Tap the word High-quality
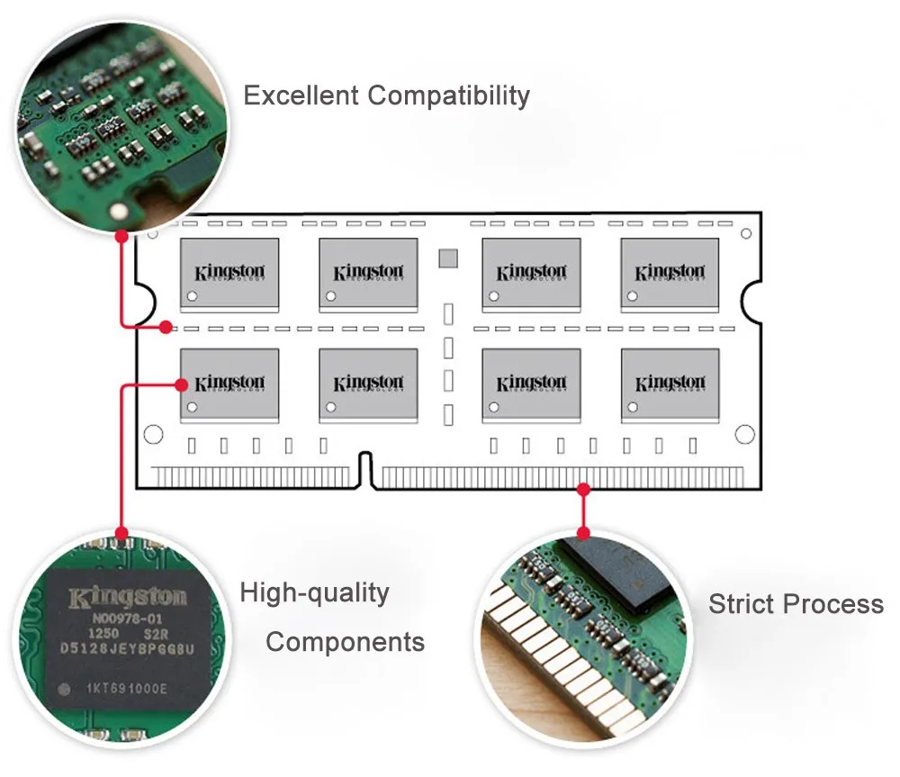[314, 592]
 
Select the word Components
[345, 642]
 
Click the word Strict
[741, 603]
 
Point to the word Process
[832, 603]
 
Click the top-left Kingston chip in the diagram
[229, 273]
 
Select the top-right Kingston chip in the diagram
[670, 273]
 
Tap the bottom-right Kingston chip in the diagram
[670, 384]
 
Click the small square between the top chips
[448, 258]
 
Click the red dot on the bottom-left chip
[183, 384]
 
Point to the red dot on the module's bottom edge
[583, 489]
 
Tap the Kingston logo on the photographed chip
[129, 596]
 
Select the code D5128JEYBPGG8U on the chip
[129, 648]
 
